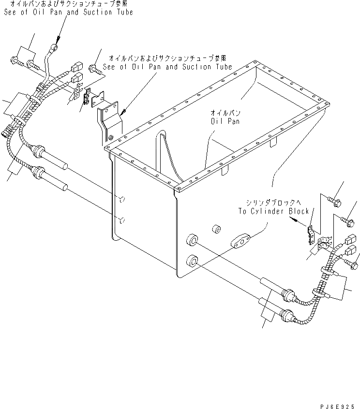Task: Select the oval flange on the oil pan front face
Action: tap(240, 241)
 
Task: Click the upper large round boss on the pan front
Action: tap(193, 240)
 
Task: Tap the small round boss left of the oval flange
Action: tap(216, 228)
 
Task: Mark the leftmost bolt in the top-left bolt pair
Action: tap(13, 60)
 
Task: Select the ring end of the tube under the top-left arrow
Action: tap(54, 47)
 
